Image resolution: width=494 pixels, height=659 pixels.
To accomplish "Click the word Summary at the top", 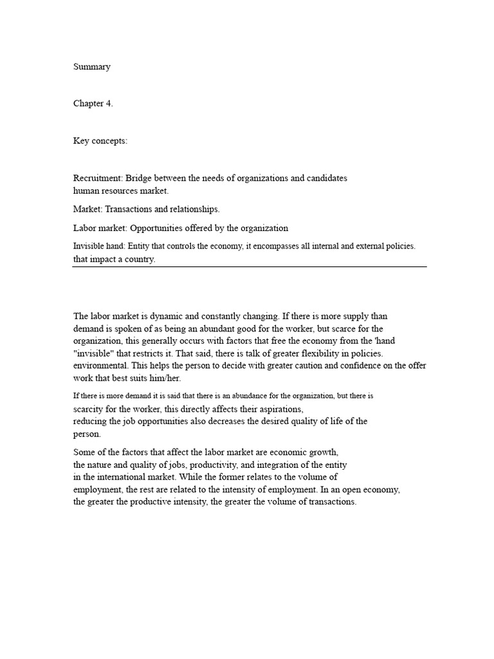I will pos(91,67).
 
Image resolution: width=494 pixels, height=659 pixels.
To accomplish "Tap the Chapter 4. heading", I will pos(93,104).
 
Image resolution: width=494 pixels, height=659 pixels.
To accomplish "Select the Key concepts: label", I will pos(100,142).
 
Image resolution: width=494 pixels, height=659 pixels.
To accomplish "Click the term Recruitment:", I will pos(98,178).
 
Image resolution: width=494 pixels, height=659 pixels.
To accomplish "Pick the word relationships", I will pos(190,209).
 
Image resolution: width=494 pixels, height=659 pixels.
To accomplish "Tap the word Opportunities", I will pos(151,228).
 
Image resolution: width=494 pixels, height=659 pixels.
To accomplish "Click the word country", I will pos(141,260).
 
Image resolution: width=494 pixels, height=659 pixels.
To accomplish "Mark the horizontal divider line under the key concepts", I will pos(250,266).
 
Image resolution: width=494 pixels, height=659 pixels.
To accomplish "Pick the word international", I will pos(147,477).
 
